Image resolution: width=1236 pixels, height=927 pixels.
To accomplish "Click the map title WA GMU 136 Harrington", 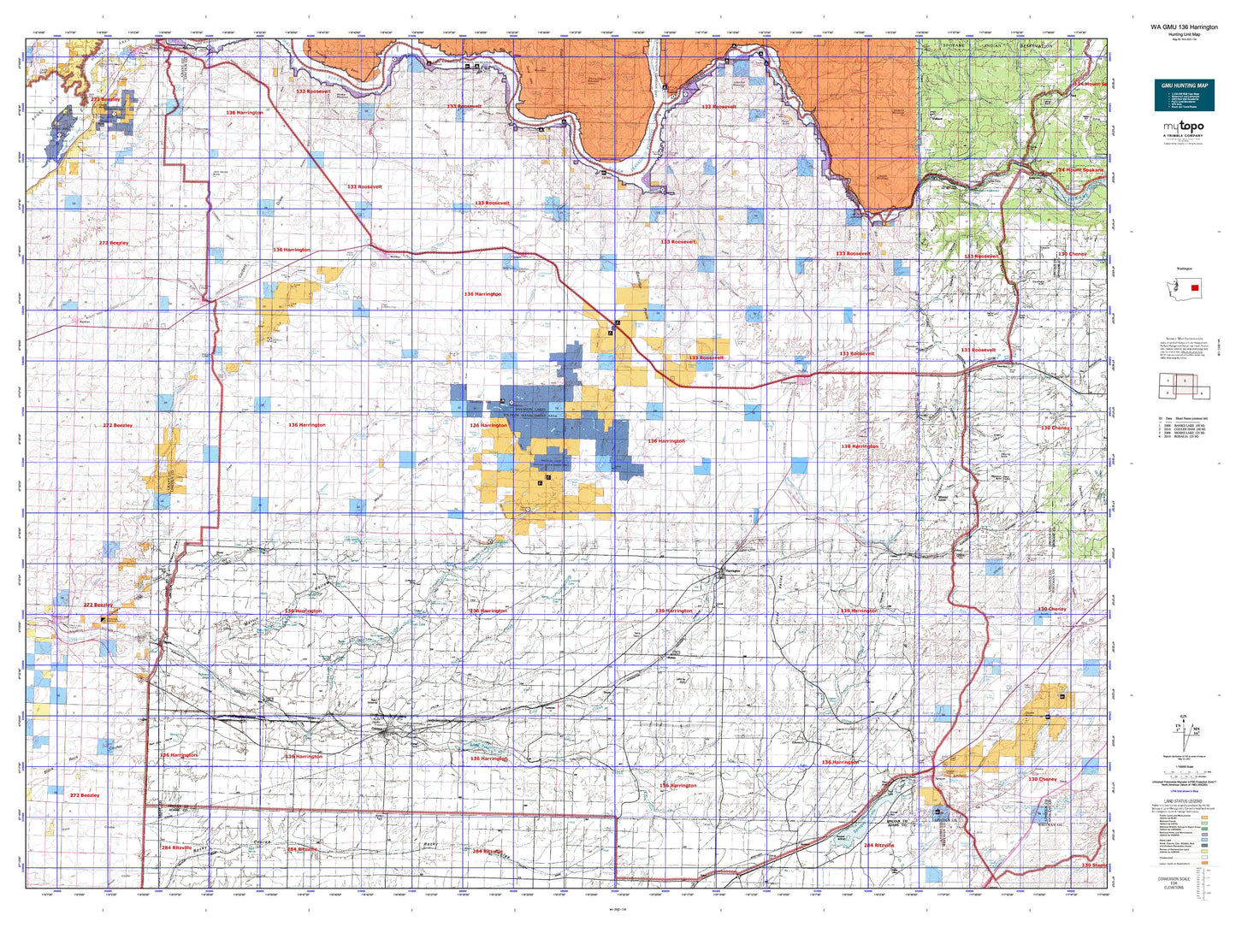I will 1184,27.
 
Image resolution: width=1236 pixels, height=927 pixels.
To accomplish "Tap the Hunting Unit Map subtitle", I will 1184,34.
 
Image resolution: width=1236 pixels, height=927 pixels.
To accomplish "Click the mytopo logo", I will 1183,127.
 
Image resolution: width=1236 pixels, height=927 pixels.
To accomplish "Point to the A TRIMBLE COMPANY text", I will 1183,135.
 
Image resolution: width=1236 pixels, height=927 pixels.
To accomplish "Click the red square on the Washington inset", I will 1194,288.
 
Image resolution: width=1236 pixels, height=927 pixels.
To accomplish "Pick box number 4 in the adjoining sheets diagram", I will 1201,393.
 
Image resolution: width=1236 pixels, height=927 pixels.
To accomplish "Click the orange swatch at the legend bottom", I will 1204,863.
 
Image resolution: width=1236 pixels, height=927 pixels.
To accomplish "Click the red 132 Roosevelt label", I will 313,91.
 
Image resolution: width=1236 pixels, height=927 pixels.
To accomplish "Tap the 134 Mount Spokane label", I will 1079,170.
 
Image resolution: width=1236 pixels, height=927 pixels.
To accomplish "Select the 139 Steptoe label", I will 1093,865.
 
